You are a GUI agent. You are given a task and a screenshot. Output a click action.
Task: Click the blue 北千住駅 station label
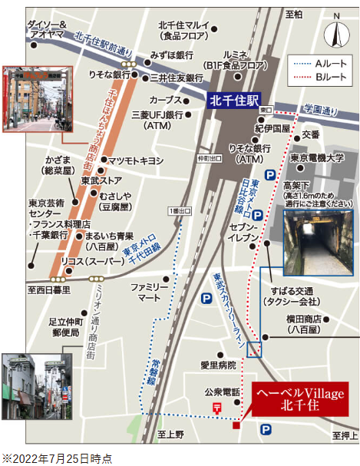[x=236, y=100]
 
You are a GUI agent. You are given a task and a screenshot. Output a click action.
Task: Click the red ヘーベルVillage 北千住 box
[x=299, y=398]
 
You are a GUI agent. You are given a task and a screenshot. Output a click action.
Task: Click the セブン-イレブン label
[x=243, y=234]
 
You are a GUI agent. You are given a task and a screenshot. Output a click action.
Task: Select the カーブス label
[x=164, y=101]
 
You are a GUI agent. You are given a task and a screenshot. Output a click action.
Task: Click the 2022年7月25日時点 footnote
[x=57, y=458]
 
